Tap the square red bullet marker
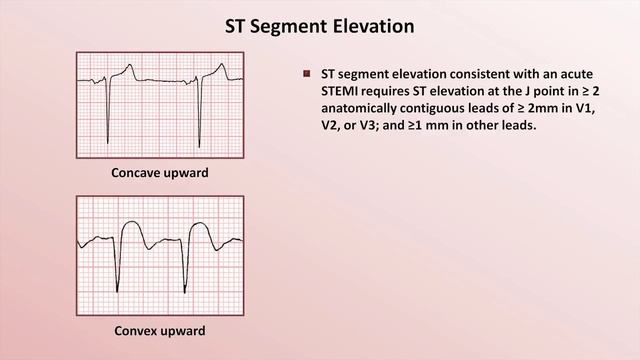point(307,74)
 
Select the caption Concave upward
point(160,173)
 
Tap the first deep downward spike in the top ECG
point(109,125)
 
